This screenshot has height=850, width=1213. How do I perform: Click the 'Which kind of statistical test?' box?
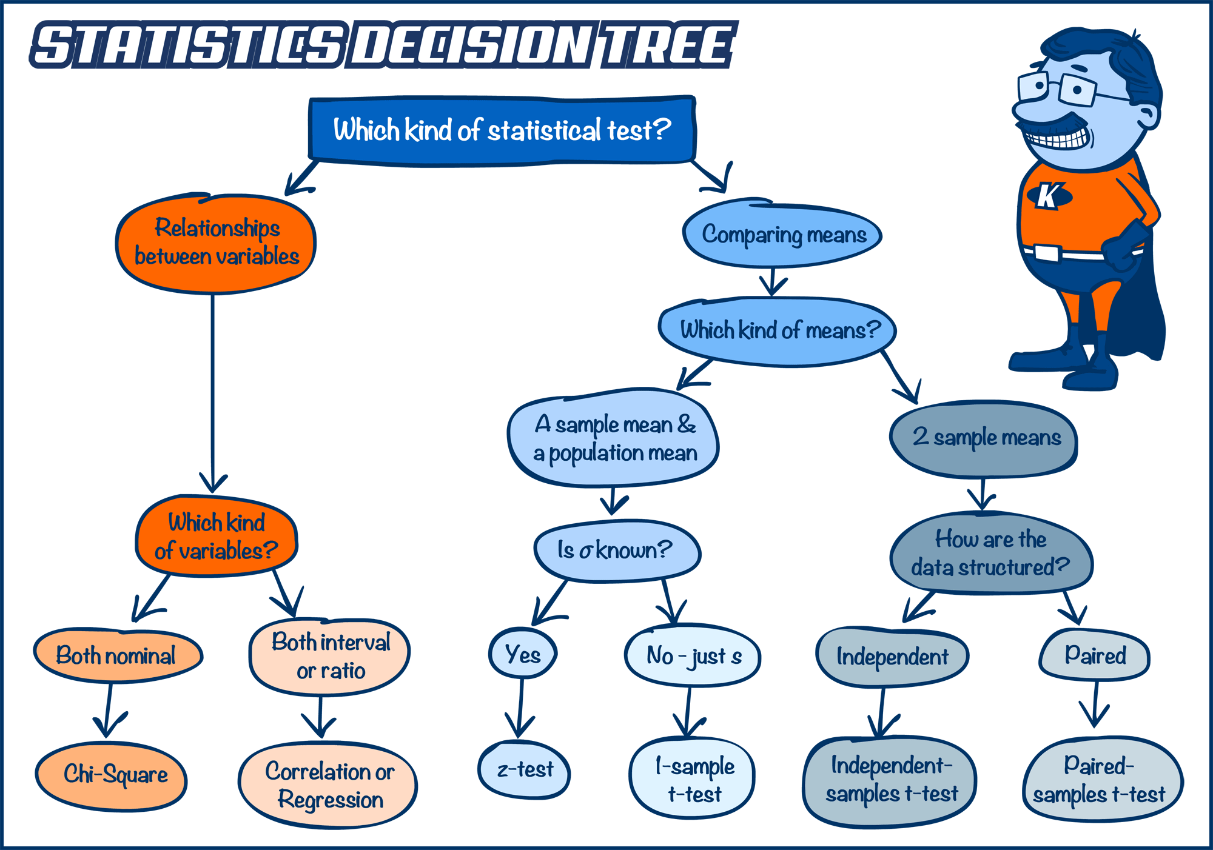pyautogui.click(x=502, y=130)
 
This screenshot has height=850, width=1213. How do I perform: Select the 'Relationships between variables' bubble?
pyautogui.click(x=216, y=243)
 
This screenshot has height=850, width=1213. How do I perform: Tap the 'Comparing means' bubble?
pyautogui.click(x=782, y=234)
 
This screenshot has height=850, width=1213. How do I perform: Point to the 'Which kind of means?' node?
pyautogui.click(x=778, y=330)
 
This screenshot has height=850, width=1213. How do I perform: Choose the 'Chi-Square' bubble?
pyautogui.click(x=112, y=775)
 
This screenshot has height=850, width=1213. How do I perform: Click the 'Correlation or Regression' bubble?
pyautogui.click(x=329, y=785)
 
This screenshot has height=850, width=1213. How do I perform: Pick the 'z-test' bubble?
pyautogui.click(x=525, y=770)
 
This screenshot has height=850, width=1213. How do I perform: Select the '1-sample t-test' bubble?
pyautogui.click(x=693, y=779)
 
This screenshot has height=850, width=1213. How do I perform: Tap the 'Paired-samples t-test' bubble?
pyautogui.click(x=1101, y=780)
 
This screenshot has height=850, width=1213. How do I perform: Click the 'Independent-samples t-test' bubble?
pyautogui.click(x=890, y=780)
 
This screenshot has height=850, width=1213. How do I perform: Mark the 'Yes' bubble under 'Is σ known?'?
pyautogui.click(x=522, y=654)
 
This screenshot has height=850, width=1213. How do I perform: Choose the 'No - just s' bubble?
pyautogui.click(x=693, y=656)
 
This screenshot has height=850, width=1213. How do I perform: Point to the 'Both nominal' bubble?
pyautogui.click(x=117, y=655)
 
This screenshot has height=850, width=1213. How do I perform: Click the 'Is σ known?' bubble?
pyautogui.click(x=617, y=550)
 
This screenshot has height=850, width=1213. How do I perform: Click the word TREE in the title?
pyautogui.click(x=667, y=45)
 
